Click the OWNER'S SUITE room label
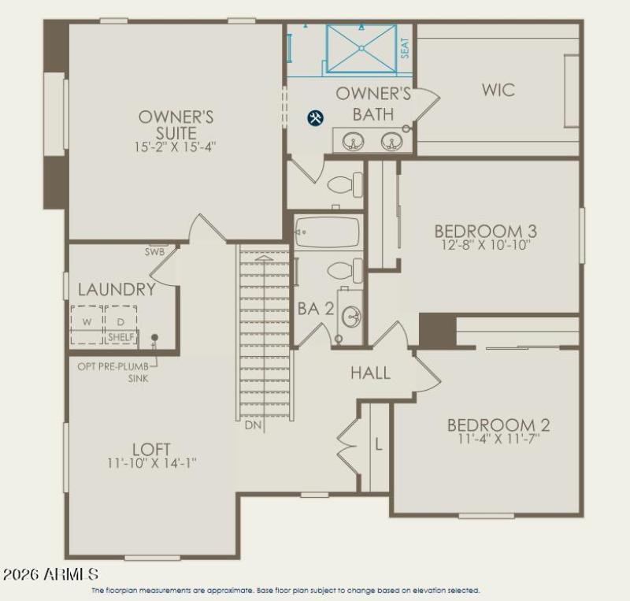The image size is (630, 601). (176, 124)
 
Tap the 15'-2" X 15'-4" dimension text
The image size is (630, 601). (176, 147)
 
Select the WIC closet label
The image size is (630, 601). (498, 90)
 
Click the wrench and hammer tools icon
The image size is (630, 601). (315, 118)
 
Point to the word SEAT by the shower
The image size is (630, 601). (405, 48)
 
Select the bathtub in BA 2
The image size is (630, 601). (327, 232)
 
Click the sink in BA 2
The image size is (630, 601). (351, 317)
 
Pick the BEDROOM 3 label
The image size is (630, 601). (485, 231)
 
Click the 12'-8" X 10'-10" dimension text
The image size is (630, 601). (485, 246)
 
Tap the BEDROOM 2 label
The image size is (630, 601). (498, 425)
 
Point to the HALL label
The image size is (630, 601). (370, 373)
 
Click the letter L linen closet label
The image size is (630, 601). (378, 443)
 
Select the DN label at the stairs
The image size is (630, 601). (253, 425)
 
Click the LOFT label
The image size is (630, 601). (151, 449)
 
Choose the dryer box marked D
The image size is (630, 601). (120, 322)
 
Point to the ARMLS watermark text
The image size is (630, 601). (50, 573)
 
